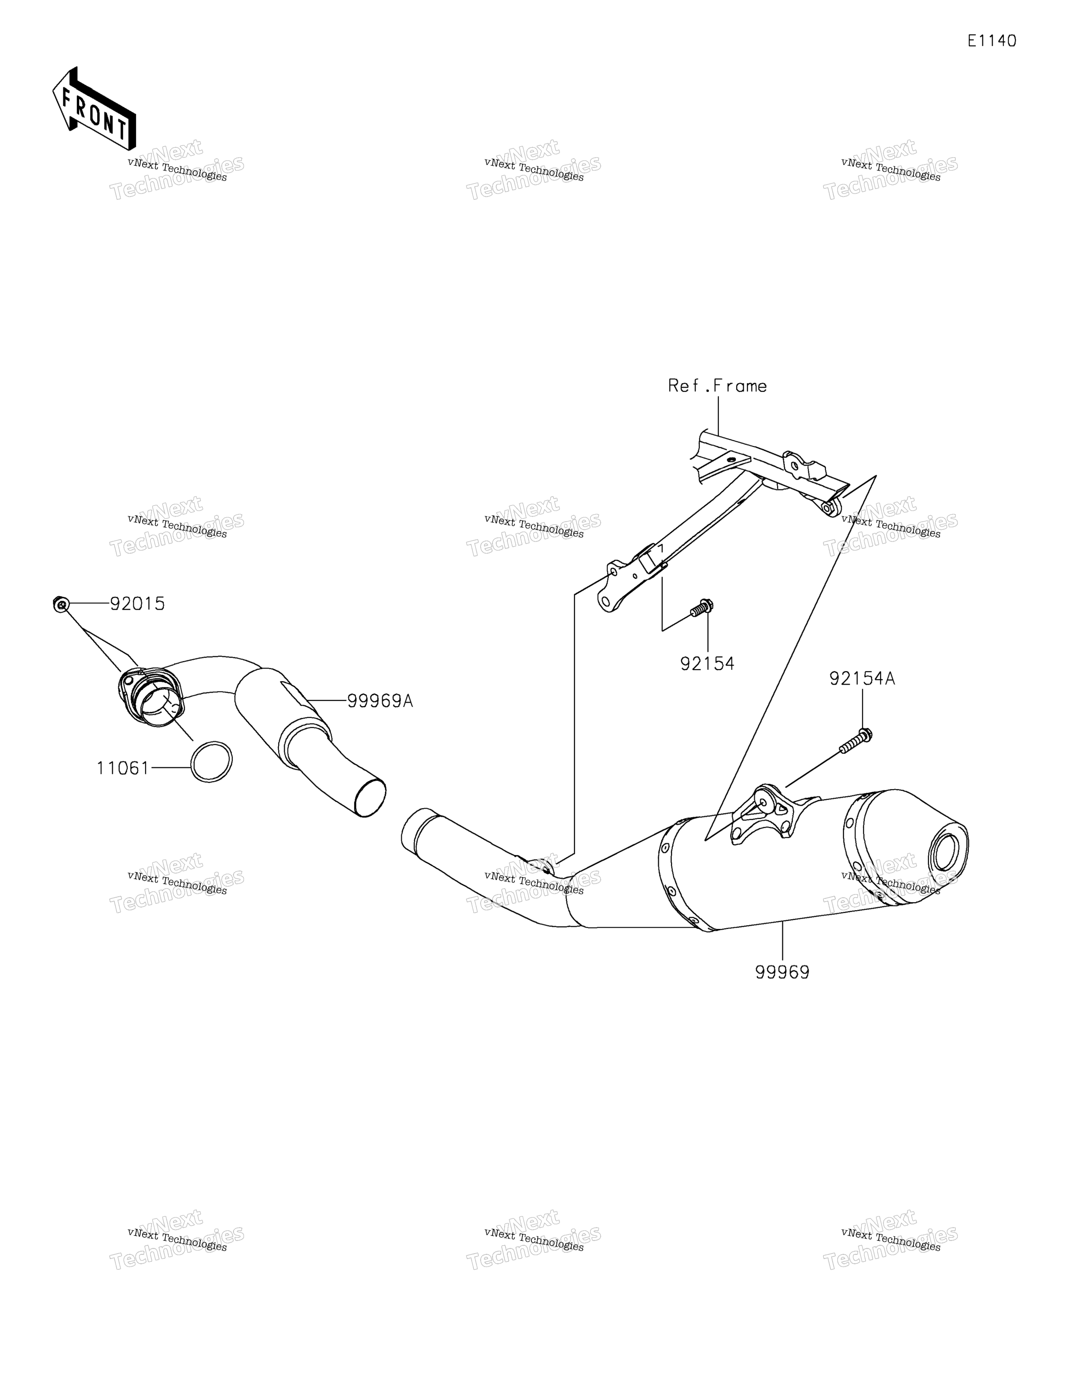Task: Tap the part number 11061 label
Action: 123,768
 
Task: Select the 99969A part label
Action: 380,700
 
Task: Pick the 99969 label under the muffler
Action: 782,972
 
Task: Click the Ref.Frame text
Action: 717,386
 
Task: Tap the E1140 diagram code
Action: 992,41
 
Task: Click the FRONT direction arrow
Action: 94,109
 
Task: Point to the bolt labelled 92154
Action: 701,608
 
